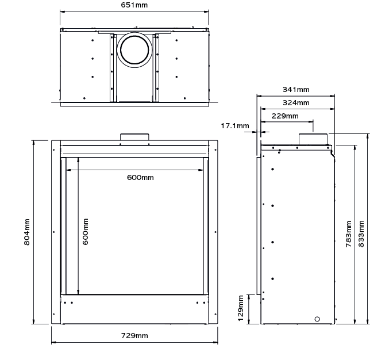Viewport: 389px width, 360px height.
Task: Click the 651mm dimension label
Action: pos(134,5)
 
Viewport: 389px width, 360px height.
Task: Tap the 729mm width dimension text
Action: pos(134,336)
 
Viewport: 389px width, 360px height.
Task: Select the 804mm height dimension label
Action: pos(27,232)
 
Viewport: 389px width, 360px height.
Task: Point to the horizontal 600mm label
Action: pos(140,178)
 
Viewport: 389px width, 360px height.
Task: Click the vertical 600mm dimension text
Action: pos(86,232)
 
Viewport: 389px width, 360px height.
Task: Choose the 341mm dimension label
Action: pos(296,89)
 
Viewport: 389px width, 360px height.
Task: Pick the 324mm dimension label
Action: pos(296,102)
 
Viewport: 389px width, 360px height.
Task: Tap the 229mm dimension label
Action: pos(285,116)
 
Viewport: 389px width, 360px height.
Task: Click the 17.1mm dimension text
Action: pos(235,125)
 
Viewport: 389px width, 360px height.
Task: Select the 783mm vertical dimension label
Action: pos(349,234)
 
